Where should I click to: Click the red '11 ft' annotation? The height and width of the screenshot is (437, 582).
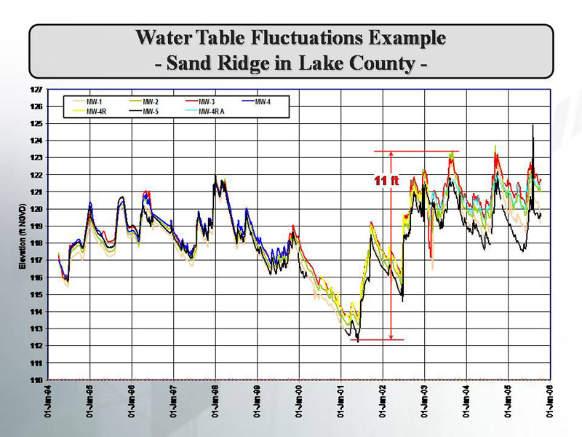point(383,180)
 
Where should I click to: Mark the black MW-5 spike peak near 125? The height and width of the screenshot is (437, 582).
point(533,125)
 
